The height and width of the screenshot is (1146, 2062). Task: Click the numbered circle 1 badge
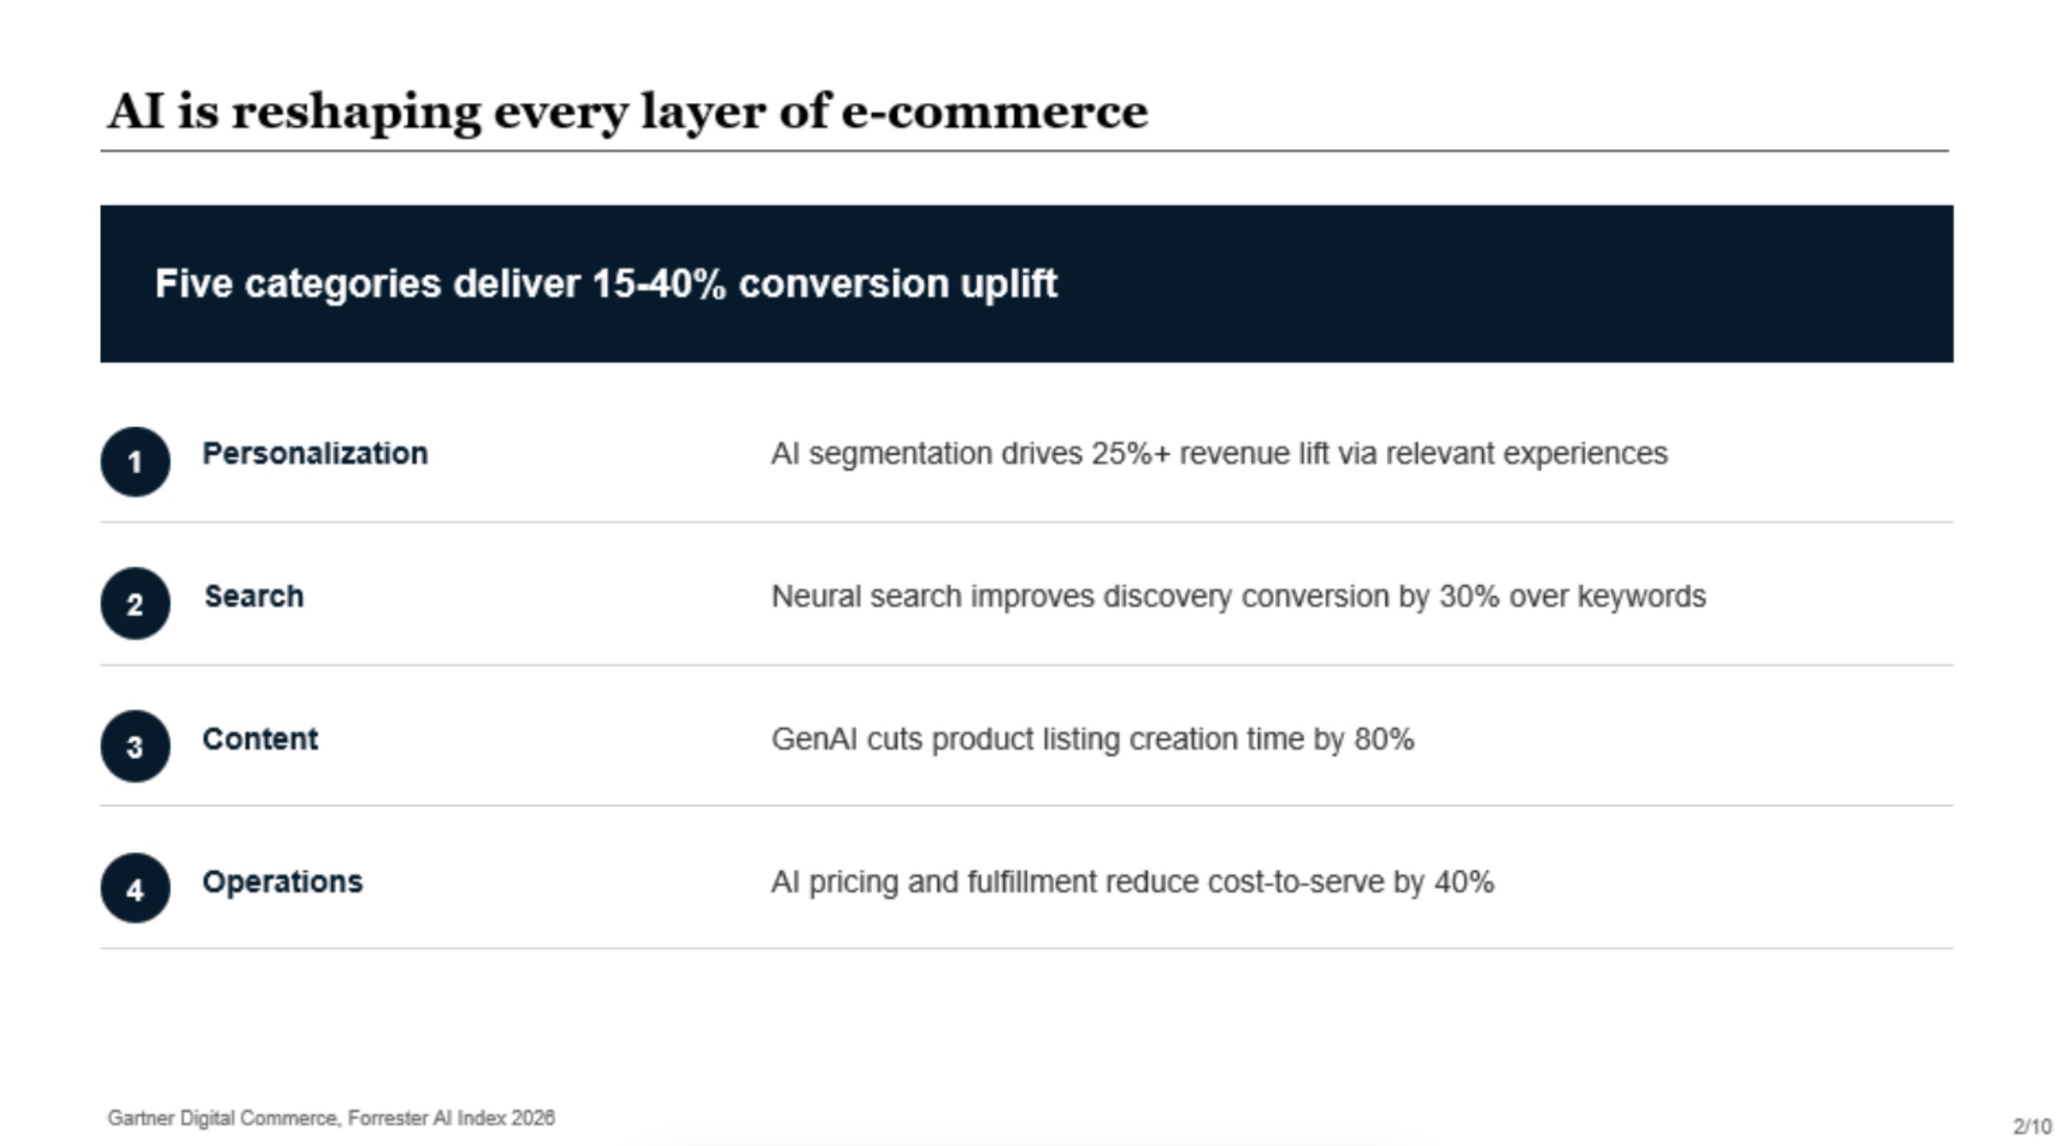(x=135, y=461)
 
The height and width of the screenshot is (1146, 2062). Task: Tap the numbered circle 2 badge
(x=135, y=603)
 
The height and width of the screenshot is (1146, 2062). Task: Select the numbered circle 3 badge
(x=135, y=746)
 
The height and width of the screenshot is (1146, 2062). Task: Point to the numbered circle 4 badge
(x=135, y=888)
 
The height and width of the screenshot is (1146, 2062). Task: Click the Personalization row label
(x=315, y=454)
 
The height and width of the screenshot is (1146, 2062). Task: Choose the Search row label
(x=254, y=596)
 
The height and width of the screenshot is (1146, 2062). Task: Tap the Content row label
(x=260, y=739)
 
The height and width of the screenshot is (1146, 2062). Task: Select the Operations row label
(x=282, y=883)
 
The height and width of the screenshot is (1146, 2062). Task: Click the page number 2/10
(x=2032, y=1126)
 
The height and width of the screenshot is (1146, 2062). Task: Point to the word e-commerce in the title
(x=994, y=111)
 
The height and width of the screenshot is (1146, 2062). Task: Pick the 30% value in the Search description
(x=1469, y=596)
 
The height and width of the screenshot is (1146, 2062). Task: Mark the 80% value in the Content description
(x=1384, y=739)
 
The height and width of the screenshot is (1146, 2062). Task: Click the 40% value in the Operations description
(x=1464, y=883)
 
